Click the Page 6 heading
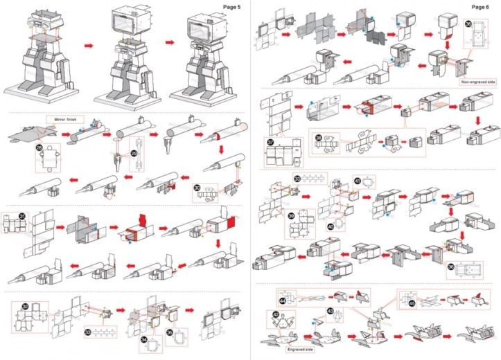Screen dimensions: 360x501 click(479, 6)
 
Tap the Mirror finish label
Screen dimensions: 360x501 click(61, 119)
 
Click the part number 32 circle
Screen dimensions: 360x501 click(25, 305)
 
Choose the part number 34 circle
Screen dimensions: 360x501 click(143, 339)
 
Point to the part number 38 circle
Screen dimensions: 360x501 click(319, 137)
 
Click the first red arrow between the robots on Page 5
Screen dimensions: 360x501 click(88, 44)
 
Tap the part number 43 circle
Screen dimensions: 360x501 click(330, 311)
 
